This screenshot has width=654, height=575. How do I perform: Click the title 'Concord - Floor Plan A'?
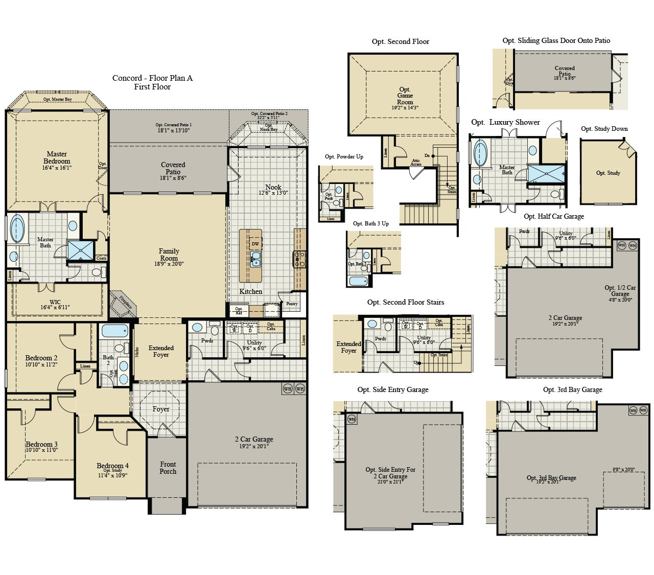click(x=152, y=78)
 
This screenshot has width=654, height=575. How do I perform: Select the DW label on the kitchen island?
click(x=255, y=244)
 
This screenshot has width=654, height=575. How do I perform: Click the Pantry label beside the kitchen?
click(x=292, y=304)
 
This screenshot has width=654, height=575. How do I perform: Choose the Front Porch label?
click(x=168, y=468)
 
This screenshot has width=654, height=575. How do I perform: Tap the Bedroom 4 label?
click(x=113, y=466)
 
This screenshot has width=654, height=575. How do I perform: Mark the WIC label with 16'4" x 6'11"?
click(x=55, y=305)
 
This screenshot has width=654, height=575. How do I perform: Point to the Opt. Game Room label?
click(x=405, y=96)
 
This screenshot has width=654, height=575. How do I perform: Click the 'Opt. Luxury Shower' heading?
click(x=505, y=122)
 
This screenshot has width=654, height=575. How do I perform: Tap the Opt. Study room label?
click(x=608, y=173)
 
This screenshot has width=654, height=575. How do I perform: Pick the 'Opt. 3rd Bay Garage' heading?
click(x=572, y=389)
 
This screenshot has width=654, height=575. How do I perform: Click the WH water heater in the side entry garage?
click(x=352, y=419)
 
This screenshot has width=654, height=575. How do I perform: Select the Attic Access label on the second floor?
click(x=416, y=163)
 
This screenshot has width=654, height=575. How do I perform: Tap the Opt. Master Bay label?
click(x=57, y=99)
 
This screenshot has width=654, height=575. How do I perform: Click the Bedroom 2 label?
click(x=41, y=358)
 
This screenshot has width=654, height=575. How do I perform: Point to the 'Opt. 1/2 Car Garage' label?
click(x=620, y=290)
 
